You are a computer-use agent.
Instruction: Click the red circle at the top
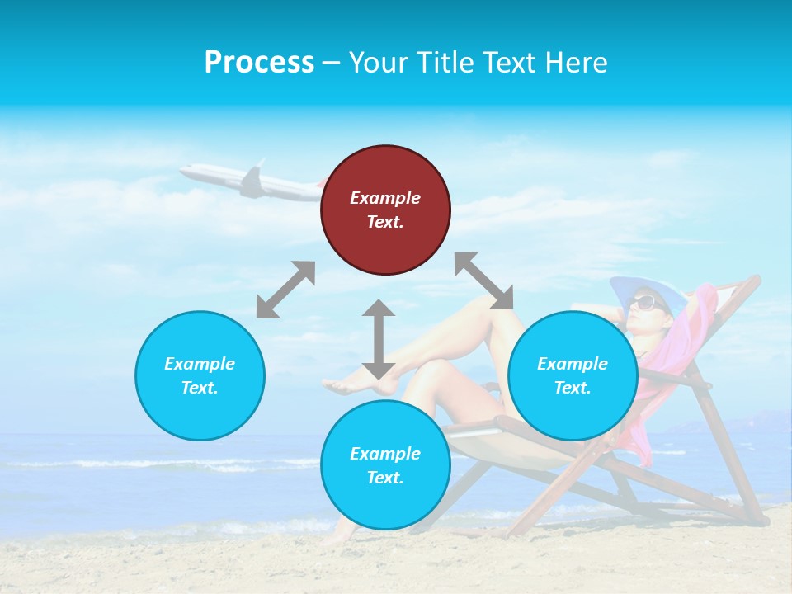point(385,210)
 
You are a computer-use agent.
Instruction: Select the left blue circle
point(200,375)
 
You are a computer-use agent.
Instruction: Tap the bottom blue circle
point(385,464)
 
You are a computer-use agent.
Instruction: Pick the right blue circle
point(573,375)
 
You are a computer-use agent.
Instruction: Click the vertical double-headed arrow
point(379,339)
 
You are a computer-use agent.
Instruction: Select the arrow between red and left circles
point(285,290)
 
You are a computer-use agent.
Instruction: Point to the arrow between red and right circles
point(484,280)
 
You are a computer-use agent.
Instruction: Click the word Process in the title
point(259,63)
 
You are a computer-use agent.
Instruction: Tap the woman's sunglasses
point(646,302)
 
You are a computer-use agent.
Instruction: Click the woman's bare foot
point(346,384)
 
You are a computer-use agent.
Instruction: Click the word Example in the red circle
point(385,198)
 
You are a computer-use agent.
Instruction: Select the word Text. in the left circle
point(200,388)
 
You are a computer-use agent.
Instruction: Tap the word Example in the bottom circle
point(385,453)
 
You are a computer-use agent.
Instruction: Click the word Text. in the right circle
point(573,388)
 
